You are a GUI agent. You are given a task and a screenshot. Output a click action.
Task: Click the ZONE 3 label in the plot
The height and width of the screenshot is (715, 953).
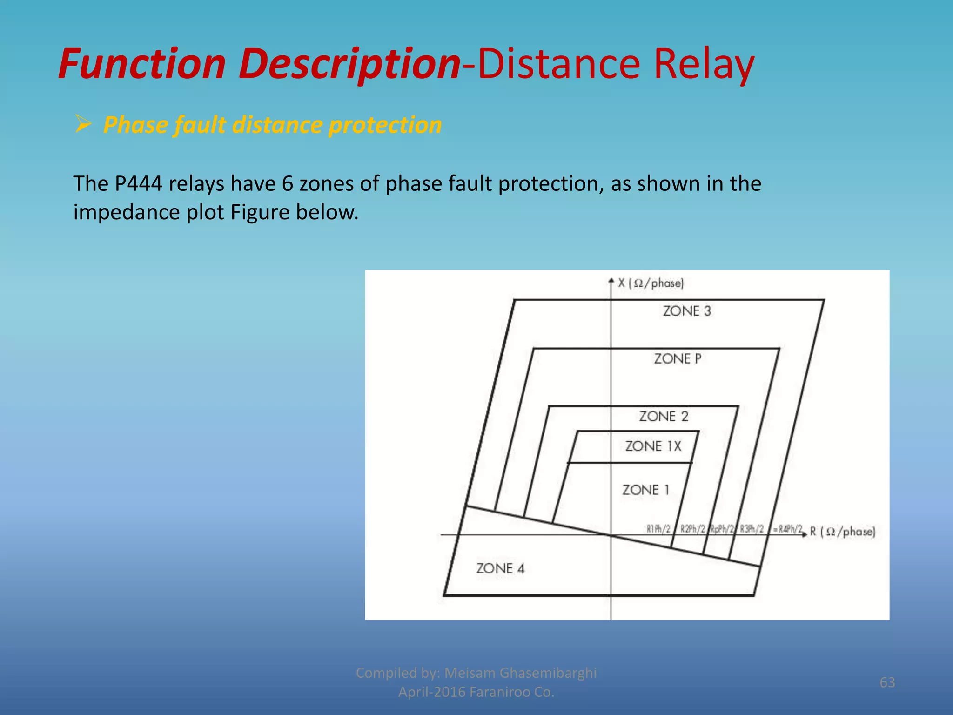click(687, 311)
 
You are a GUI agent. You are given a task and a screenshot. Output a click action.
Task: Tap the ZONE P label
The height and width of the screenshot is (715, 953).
click(678, 359)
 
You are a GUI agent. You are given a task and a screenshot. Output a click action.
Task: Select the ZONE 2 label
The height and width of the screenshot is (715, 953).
click(664, 416)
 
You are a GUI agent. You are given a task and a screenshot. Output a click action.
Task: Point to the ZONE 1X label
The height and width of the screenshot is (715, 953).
click(653, 446)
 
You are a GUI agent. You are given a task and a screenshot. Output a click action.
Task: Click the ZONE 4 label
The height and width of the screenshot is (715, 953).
click(500, 568)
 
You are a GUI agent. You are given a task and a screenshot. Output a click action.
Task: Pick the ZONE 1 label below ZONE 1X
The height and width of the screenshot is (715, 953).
click(646, 490)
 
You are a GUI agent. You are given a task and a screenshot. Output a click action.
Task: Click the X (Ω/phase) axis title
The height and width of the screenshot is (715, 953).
click(651, 283)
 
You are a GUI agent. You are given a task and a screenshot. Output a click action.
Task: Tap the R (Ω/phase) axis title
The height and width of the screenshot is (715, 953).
click(843, 532)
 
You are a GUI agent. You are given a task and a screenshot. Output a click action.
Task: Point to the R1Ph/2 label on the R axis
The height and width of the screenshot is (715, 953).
click(658, 529)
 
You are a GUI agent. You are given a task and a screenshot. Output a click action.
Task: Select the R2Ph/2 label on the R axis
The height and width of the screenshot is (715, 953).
click(692, 529)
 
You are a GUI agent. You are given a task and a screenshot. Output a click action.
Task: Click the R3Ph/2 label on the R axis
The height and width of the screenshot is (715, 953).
click(752, 529)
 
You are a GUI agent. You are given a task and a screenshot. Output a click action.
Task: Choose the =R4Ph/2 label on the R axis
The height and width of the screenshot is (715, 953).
click(787, 529)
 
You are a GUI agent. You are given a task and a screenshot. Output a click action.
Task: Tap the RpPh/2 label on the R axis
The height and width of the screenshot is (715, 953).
click(722, 529)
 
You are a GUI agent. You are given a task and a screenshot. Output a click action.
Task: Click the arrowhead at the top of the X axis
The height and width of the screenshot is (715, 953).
click(611, 281)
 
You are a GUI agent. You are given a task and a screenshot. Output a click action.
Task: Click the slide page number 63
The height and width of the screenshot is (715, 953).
click(887, 682)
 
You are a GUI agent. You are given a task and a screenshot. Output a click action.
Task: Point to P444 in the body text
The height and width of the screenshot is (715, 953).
click(138, 184)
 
